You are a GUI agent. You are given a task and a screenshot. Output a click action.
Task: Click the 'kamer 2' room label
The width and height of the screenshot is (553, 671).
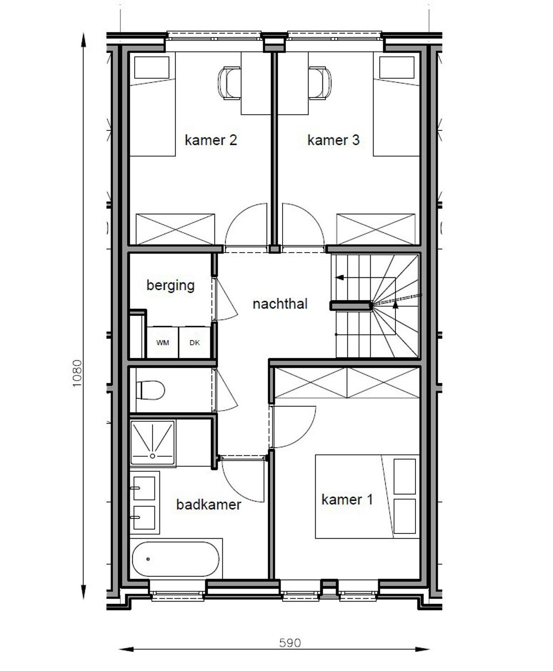(211, 140)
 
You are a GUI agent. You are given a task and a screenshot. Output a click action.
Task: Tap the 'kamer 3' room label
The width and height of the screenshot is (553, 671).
(333, 140)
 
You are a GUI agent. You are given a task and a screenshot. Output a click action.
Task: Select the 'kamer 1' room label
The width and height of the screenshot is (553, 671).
(347, 500)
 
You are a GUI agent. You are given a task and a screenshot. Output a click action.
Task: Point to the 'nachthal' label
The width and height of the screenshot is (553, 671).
(280, 304)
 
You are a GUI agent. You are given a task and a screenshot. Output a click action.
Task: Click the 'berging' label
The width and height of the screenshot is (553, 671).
(170, 285)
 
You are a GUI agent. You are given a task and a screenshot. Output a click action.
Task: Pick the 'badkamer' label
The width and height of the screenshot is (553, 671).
(208, 504)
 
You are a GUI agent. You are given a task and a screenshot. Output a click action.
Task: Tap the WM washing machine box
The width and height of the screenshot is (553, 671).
(162, 343)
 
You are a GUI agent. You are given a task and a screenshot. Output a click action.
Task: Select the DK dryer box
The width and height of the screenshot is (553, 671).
(195, 343)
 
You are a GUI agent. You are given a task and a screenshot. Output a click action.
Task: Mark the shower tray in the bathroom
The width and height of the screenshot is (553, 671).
(152, 442)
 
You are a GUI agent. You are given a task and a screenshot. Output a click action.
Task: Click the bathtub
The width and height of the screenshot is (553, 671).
(175, 559)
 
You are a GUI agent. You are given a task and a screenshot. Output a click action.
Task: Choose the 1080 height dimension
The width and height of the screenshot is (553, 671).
(77, 373)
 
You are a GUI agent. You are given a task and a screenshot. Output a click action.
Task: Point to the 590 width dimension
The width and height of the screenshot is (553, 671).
(290, 643)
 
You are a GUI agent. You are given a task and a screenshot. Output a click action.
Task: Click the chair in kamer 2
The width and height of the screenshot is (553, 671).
(228, 83)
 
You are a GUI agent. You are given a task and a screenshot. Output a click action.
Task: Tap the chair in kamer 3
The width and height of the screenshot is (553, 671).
(320, 83)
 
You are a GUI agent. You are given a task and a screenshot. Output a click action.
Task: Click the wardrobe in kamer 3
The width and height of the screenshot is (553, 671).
(376, 229)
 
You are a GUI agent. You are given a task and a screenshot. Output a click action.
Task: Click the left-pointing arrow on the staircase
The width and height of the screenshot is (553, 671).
(340, 278)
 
